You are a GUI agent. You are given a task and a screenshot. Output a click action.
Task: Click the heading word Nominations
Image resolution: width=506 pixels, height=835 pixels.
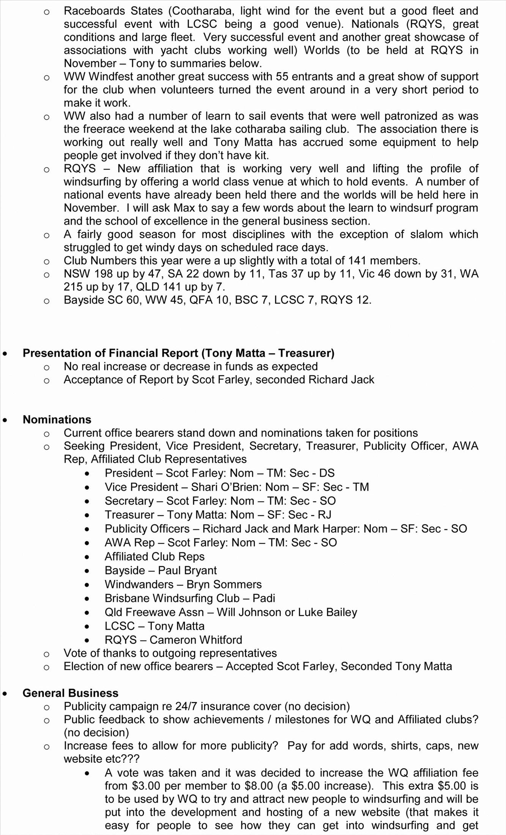57,419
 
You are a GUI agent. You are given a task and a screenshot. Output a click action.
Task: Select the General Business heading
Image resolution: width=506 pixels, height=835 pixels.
70,693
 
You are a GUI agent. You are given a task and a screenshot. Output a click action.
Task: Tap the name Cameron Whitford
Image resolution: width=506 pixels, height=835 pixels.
195,640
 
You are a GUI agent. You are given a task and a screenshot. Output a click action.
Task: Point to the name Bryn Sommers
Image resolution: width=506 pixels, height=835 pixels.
224,584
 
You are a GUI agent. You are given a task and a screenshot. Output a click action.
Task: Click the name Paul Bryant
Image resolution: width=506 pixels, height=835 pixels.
187,570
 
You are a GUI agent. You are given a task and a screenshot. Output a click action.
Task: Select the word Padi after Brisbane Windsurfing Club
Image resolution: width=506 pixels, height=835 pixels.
263,598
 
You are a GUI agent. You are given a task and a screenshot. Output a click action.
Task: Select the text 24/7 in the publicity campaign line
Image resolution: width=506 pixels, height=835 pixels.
186,706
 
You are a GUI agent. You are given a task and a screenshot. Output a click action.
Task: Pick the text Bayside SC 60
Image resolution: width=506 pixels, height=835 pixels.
96,300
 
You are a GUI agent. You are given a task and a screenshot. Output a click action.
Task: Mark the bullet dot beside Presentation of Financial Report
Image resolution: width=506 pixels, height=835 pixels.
5,354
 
